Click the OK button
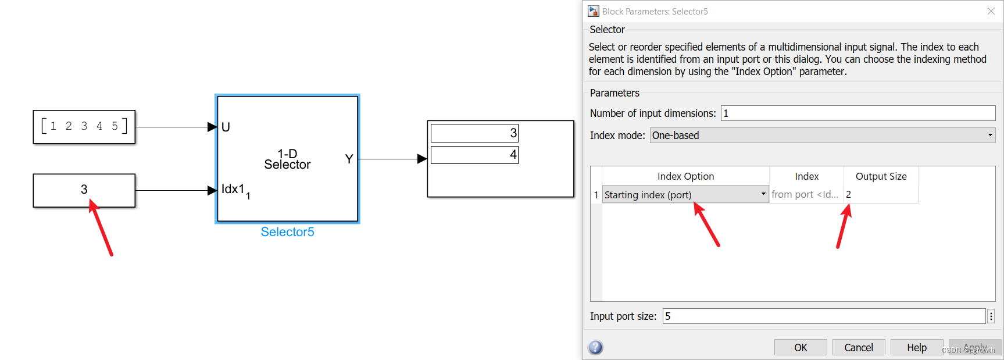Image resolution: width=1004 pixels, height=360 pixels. tap(800, 347)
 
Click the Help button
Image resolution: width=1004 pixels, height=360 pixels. tap(916, 347)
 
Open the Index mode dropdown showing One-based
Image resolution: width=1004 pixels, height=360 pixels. tap(822, 136)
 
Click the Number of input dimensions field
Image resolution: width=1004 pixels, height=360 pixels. tap(857, 113)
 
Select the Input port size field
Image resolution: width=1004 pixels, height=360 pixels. tap(824, 316)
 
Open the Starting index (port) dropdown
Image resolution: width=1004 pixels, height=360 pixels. tap(685, 195)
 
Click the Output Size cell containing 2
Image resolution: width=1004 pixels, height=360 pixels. tap(880, 195)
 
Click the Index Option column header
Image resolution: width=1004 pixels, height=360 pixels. tap(685, 176)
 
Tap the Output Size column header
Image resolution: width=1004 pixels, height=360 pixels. tap(881, 176)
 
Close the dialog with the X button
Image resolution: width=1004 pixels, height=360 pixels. tap(991, 11)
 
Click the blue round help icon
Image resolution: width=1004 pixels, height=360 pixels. tap(595, 347)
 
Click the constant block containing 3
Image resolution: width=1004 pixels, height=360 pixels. tap(84, 190)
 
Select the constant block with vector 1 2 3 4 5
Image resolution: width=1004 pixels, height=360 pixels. tap(84, 127)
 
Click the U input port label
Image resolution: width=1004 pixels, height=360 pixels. tap(226, 127)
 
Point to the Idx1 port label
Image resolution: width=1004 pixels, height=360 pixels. tap(233, 190)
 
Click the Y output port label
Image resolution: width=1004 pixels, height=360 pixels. tap(349, 159)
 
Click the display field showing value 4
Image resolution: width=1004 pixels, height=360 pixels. tap(474, 155)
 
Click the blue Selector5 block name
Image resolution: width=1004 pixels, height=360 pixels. tap(287, 232)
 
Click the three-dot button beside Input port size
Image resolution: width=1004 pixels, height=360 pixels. tap(991, 316)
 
